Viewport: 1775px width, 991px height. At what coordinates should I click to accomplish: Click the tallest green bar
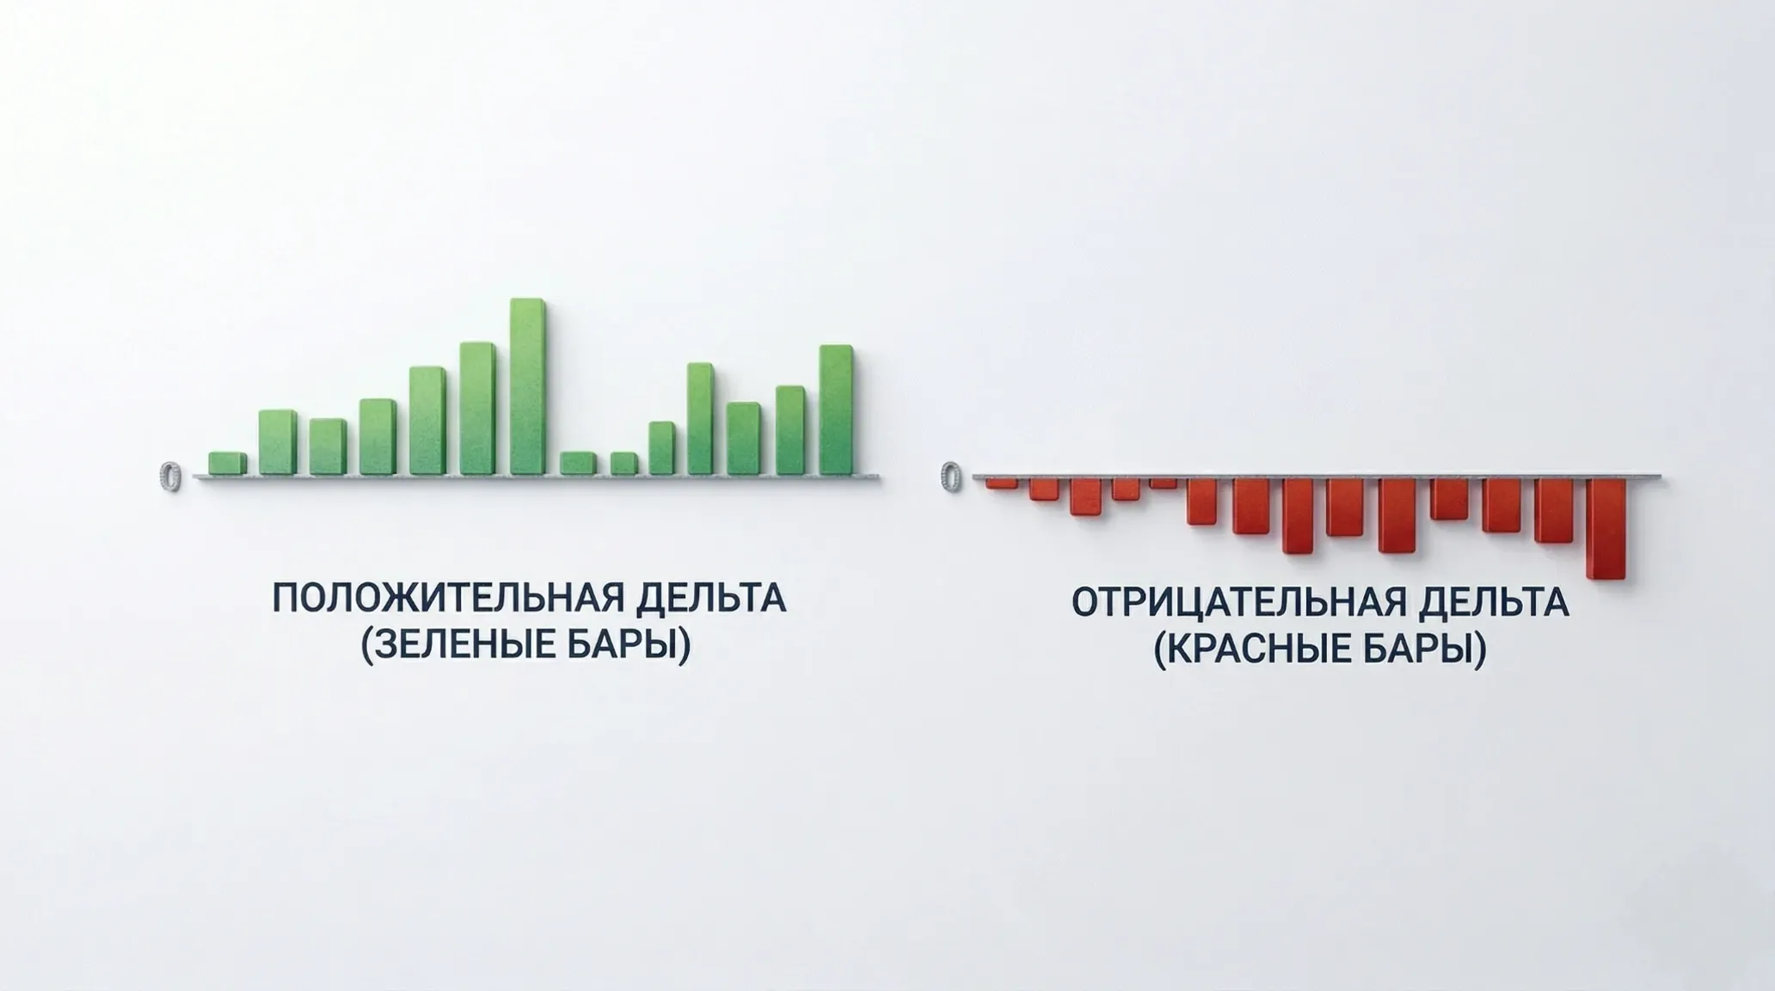click(527, 387)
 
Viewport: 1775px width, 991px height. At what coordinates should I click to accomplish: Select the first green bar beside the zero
click(227, 464)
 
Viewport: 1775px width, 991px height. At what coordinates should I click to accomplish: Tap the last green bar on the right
click(836, 409)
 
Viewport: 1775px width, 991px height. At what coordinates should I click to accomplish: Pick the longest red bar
click(1606, 528)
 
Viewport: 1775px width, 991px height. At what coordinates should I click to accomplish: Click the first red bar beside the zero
click(1001, 483)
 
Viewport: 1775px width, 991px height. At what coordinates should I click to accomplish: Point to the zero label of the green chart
click(171, 476)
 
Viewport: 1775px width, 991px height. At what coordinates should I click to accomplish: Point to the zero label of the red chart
click(951, 476)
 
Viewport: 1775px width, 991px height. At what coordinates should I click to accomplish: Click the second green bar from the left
click(277, 442)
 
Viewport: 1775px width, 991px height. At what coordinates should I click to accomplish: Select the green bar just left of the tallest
click(477, 409)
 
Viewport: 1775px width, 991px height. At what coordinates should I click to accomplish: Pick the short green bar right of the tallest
click(577, 464)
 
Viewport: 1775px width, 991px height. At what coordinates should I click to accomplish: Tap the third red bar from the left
click(1085, 496)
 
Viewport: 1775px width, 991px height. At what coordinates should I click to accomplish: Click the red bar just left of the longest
click(1553, 510)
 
